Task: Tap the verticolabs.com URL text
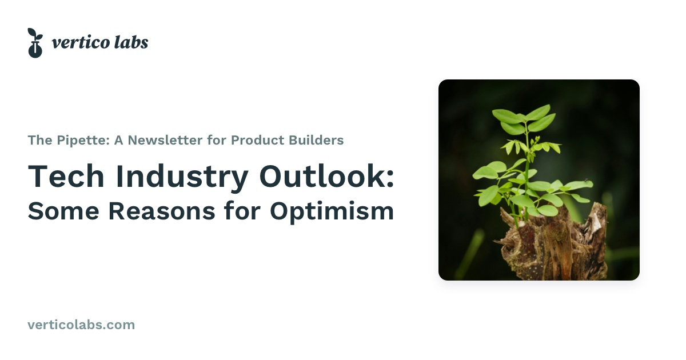pos(81,325)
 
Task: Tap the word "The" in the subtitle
pos(39,140)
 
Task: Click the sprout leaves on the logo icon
pos(34,34)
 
